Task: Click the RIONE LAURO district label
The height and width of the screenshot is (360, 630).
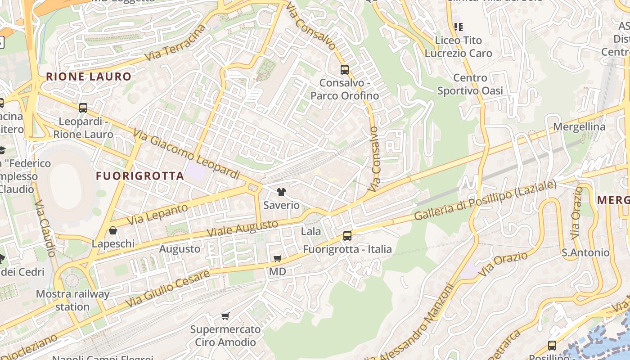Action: click(88, 76)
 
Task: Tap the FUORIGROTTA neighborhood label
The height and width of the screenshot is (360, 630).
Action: click(140, 176)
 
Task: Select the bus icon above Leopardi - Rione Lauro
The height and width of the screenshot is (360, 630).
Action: click(83, 108)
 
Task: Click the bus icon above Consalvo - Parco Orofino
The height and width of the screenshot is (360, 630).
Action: click(345, 70)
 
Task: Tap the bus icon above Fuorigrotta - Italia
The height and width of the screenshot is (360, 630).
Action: click(347, 235)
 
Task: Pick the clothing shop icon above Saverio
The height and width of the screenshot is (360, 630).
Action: click(281, 192)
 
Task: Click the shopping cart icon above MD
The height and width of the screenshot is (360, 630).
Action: click(278, 258)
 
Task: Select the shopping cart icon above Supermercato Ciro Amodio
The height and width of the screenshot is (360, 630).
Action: click(225, 316)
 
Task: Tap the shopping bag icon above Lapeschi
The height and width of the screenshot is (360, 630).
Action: click(113, 230)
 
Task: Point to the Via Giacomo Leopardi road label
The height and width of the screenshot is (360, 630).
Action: click(187, 153)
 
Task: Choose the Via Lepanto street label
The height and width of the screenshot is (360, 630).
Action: click(157, 215)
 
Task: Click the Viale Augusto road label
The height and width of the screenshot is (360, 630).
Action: click(243, 229)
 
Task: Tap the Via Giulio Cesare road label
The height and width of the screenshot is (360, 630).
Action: click(167, 288)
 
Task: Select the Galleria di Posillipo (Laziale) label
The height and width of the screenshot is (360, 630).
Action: click(485, 200)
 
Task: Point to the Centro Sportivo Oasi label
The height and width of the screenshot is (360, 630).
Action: click(470, 84)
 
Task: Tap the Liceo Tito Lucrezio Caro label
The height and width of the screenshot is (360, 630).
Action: click(458, 47)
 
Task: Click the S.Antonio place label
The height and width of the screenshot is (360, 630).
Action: click(585, 252)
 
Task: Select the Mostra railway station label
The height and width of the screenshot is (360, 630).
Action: click(72, 300)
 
